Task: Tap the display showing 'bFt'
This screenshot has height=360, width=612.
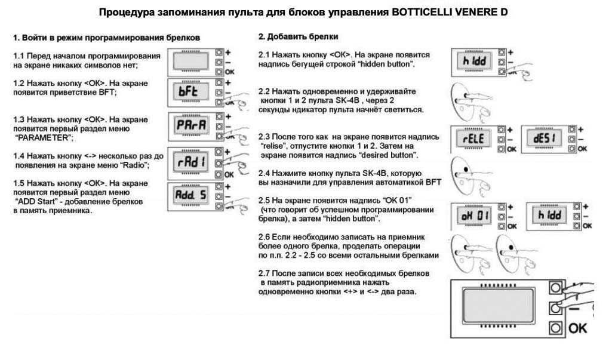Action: pos(190,92)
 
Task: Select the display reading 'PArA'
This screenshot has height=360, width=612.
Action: pos(191,125)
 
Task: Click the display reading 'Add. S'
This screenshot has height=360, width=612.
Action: pos(191,195)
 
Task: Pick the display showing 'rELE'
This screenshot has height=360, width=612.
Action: pos(474,139)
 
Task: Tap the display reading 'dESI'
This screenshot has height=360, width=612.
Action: pos(545,139)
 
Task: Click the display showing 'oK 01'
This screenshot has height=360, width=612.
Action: pos(474,216)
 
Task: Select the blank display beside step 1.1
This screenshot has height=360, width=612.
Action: pos(191,62)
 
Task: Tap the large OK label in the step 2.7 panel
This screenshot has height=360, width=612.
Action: pos(577,328)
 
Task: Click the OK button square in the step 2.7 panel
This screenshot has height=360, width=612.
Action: pos(555,328)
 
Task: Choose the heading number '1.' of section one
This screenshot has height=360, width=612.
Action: pos(16,38)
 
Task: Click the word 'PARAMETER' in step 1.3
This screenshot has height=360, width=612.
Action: pos(44,138)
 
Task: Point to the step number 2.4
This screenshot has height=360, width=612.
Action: pos(264,173)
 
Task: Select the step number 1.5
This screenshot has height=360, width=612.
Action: pos(19,183)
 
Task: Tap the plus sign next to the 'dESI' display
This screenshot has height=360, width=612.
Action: pos(581,130)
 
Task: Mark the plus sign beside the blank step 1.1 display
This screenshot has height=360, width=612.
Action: pos(228,53)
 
